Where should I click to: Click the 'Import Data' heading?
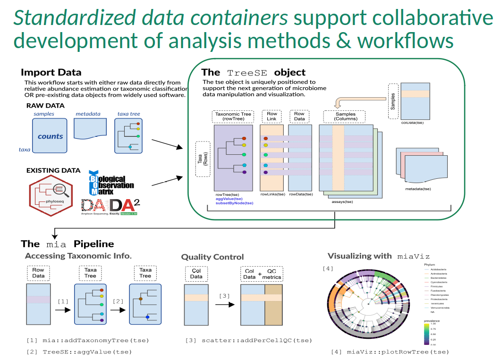pos(51,73)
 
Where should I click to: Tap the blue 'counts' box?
pos(50,136)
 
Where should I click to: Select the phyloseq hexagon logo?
pos(52,196)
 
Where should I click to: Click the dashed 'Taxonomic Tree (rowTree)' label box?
pos(234,117)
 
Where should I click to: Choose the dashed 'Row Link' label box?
pos(272,117)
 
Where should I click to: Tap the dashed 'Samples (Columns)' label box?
pos(345,117)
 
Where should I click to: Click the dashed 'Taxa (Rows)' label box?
pos(203,159)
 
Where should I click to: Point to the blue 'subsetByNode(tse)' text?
pos(234,203)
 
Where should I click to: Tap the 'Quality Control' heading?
pos(212,257)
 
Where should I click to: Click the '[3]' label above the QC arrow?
pos(225,295)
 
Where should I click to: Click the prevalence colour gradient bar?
pos(426,335)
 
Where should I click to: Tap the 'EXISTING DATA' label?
pos(53,170)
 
